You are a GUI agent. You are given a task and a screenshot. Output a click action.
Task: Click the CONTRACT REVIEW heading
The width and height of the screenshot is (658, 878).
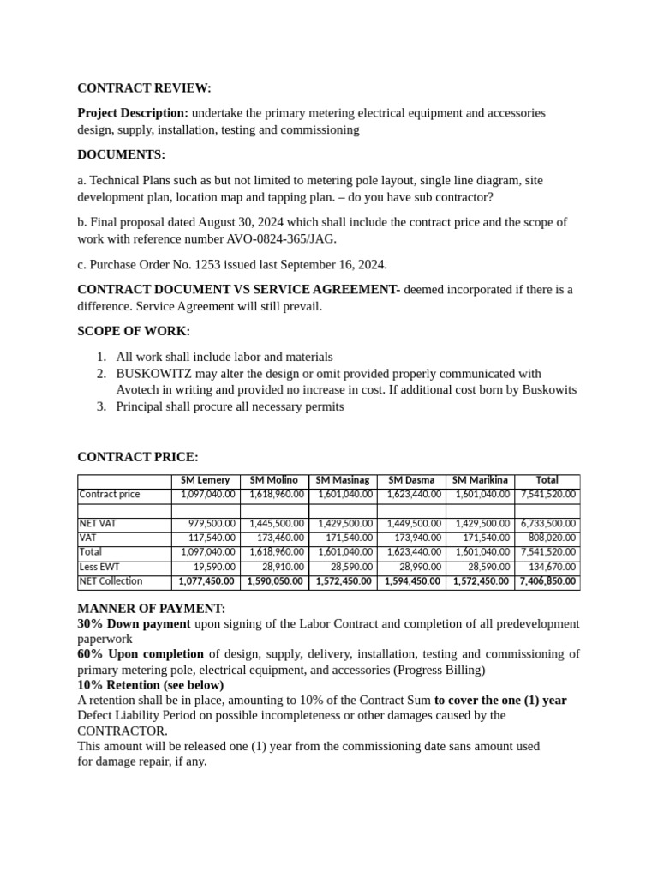click(x=144, y=88)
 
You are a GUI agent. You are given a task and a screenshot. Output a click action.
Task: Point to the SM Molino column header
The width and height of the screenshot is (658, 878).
click(x=274, y=480)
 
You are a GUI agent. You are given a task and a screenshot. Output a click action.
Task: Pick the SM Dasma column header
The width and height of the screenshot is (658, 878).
click(x=411, y=480)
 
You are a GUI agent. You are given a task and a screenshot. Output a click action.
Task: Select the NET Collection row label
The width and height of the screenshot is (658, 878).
click(x=111, y=581)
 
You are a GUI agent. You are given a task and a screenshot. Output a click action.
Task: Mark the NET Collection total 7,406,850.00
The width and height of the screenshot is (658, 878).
click(x=547, y=581)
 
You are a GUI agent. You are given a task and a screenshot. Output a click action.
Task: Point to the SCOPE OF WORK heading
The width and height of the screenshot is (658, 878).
click(x=134, y=331)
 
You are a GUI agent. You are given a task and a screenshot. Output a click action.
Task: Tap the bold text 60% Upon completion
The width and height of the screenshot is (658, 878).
click(x=141, y=654)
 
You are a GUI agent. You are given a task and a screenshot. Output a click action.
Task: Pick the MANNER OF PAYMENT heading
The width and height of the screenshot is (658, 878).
click(x=152, y=609)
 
